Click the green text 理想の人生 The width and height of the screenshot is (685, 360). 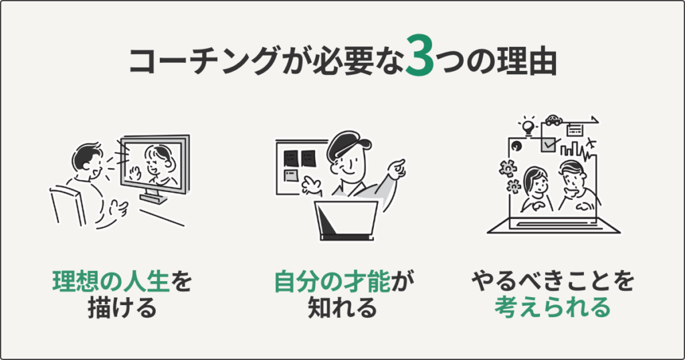(x=111, y=282)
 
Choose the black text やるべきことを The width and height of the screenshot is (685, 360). (x=553, y=282)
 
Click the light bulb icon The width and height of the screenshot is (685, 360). (x=529, y=125)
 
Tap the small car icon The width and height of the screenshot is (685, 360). (x=553, y=120)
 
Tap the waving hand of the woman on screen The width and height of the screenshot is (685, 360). (x=135, y=172)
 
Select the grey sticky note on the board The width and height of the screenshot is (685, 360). (x=292, y=176)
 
